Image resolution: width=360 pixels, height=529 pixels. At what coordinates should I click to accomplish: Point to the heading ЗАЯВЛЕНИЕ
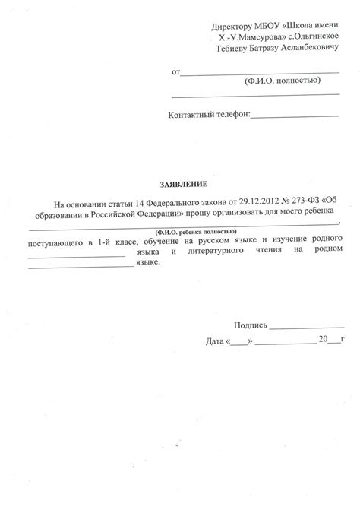(182, 185)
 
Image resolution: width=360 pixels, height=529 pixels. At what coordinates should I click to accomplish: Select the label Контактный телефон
(207, 116)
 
